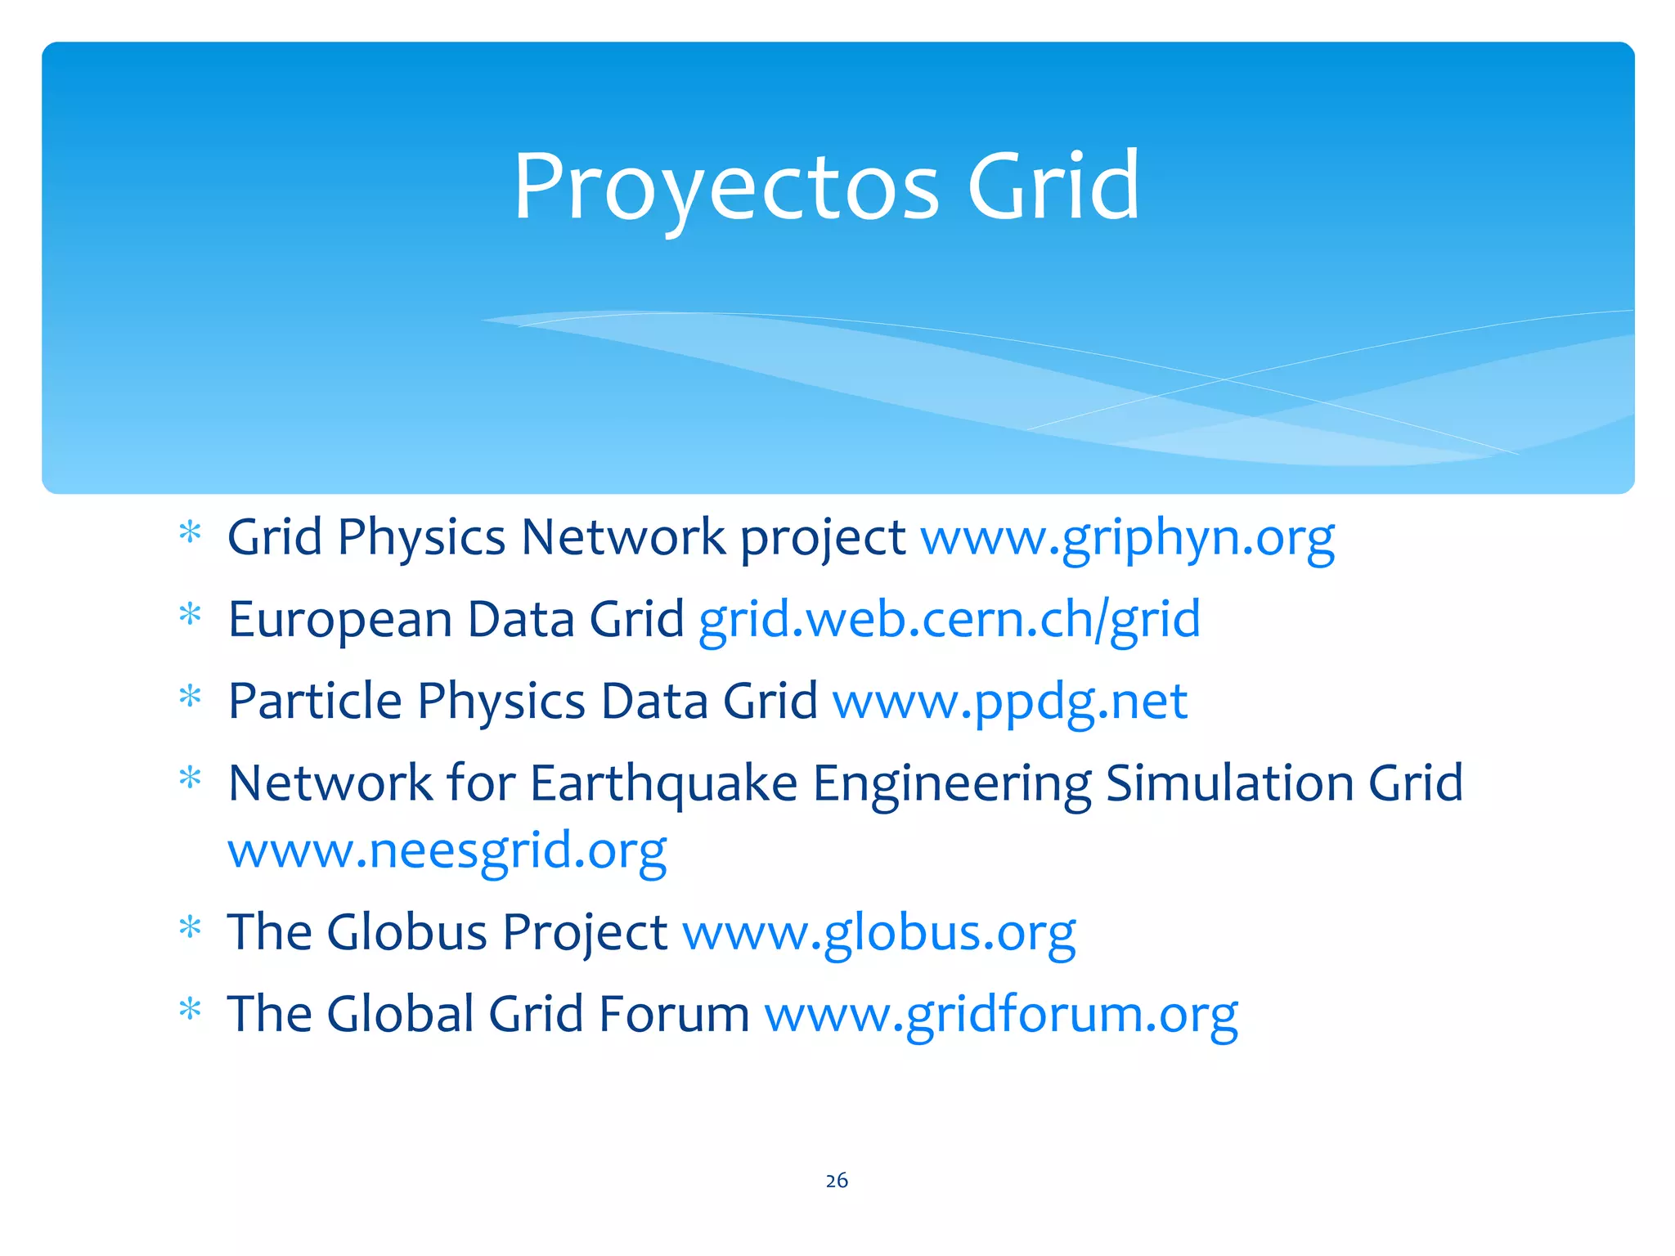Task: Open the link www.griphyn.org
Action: [x=1127, y=539]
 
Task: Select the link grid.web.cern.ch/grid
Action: [x=950, y=620]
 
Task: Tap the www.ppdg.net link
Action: [x=1009, y=702]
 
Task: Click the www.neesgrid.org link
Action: [x=447, y=851]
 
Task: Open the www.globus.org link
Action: [x=878, y=933]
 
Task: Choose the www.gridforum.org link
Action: [x=1000, y=1015]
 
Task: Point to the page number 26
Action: [x=837, y=1180]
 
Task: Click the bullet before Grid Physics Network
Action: [x=190, y=533]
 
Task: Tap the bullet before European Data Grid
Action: [x=190, y=615]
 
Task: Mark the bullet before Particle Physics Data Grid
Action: [x=190, y=697]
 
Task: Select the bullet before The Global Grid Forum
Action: [x=190, y=1010]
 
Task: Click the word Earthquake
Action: [x=663, y=784]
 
